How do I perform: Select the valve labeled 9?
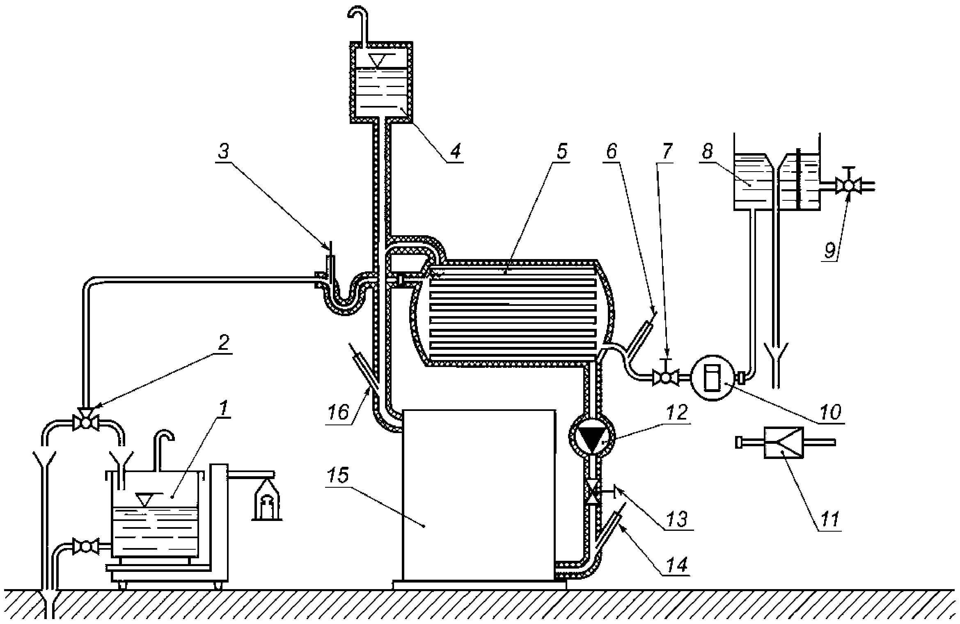tap(848, 186)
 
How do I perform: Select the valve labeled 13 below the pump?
tap(592, 492)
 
